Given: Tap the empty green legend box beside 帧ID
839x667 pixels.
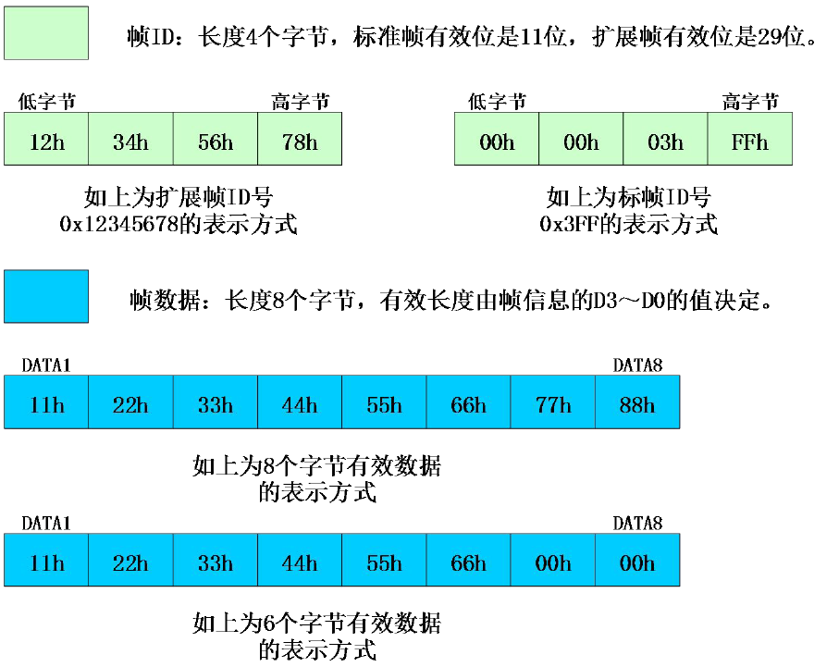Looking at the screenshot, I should [46, 33].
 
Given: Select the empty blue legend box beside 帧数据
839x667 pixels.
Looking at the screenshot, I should [46, 296].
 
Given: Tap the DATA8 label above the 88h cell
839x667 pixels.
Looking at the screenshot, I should [637, 365].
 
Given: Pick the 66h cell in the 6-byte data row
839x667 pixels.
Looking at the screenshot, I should [468, 561].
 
